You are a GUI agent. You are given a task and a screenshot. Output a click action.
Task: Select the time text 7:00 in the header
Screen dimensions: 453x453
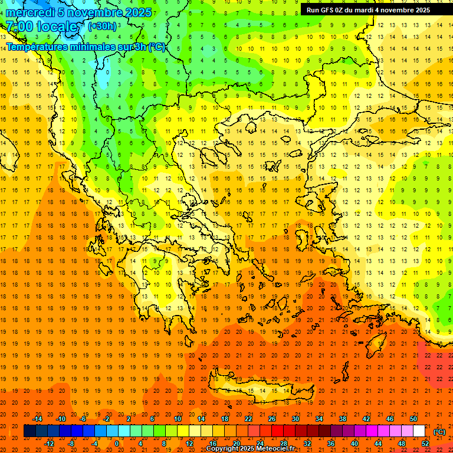(19, 27)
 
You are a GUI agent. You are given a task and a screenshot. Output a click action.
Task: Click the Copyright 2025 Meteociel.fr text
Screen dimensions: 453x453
(250, 448)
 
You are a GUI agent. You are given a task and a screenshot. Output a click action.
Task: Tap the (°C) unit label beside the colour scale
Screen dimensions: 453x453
(439, 432)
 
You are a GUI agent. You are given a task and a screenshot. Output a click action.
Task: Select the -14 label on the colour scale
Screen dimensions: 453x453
(38, 419)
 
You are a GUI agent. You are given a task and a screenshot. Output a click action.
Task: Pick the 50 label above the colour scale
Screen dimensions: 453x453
(413, 419)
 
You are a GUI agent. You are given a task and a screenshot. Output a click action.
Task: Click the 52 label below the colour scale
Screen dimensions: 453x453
(425, 444)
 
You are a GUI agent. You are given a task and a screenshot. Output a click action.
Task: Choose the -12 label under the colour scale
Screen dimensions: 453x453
(50, 444)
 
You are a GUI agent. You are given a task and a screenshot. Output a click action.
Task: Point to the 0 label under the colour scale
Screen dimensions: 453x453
(116, 444)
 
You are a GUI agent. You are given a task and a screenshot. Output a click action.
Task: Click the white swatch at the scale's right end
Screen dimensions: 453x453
(419, 431)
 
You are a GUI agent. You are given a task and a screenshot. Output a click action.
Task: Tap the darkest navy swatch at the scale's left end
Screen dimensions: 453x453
(29, 431)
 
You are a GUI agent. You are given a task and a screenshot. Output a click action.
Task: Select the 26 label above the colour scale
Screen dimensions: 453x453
(272, 419)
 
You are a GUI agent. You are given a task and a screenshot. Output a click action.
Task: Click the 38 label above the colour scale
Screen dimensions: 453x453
(343, 419)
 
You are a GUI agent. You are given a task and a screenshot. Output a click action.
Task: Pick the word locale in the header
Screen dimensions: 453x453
(60, 27)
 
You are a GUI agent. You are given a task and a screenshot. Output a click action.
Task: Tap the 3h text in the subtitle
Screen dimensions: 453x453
(141, 47)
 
